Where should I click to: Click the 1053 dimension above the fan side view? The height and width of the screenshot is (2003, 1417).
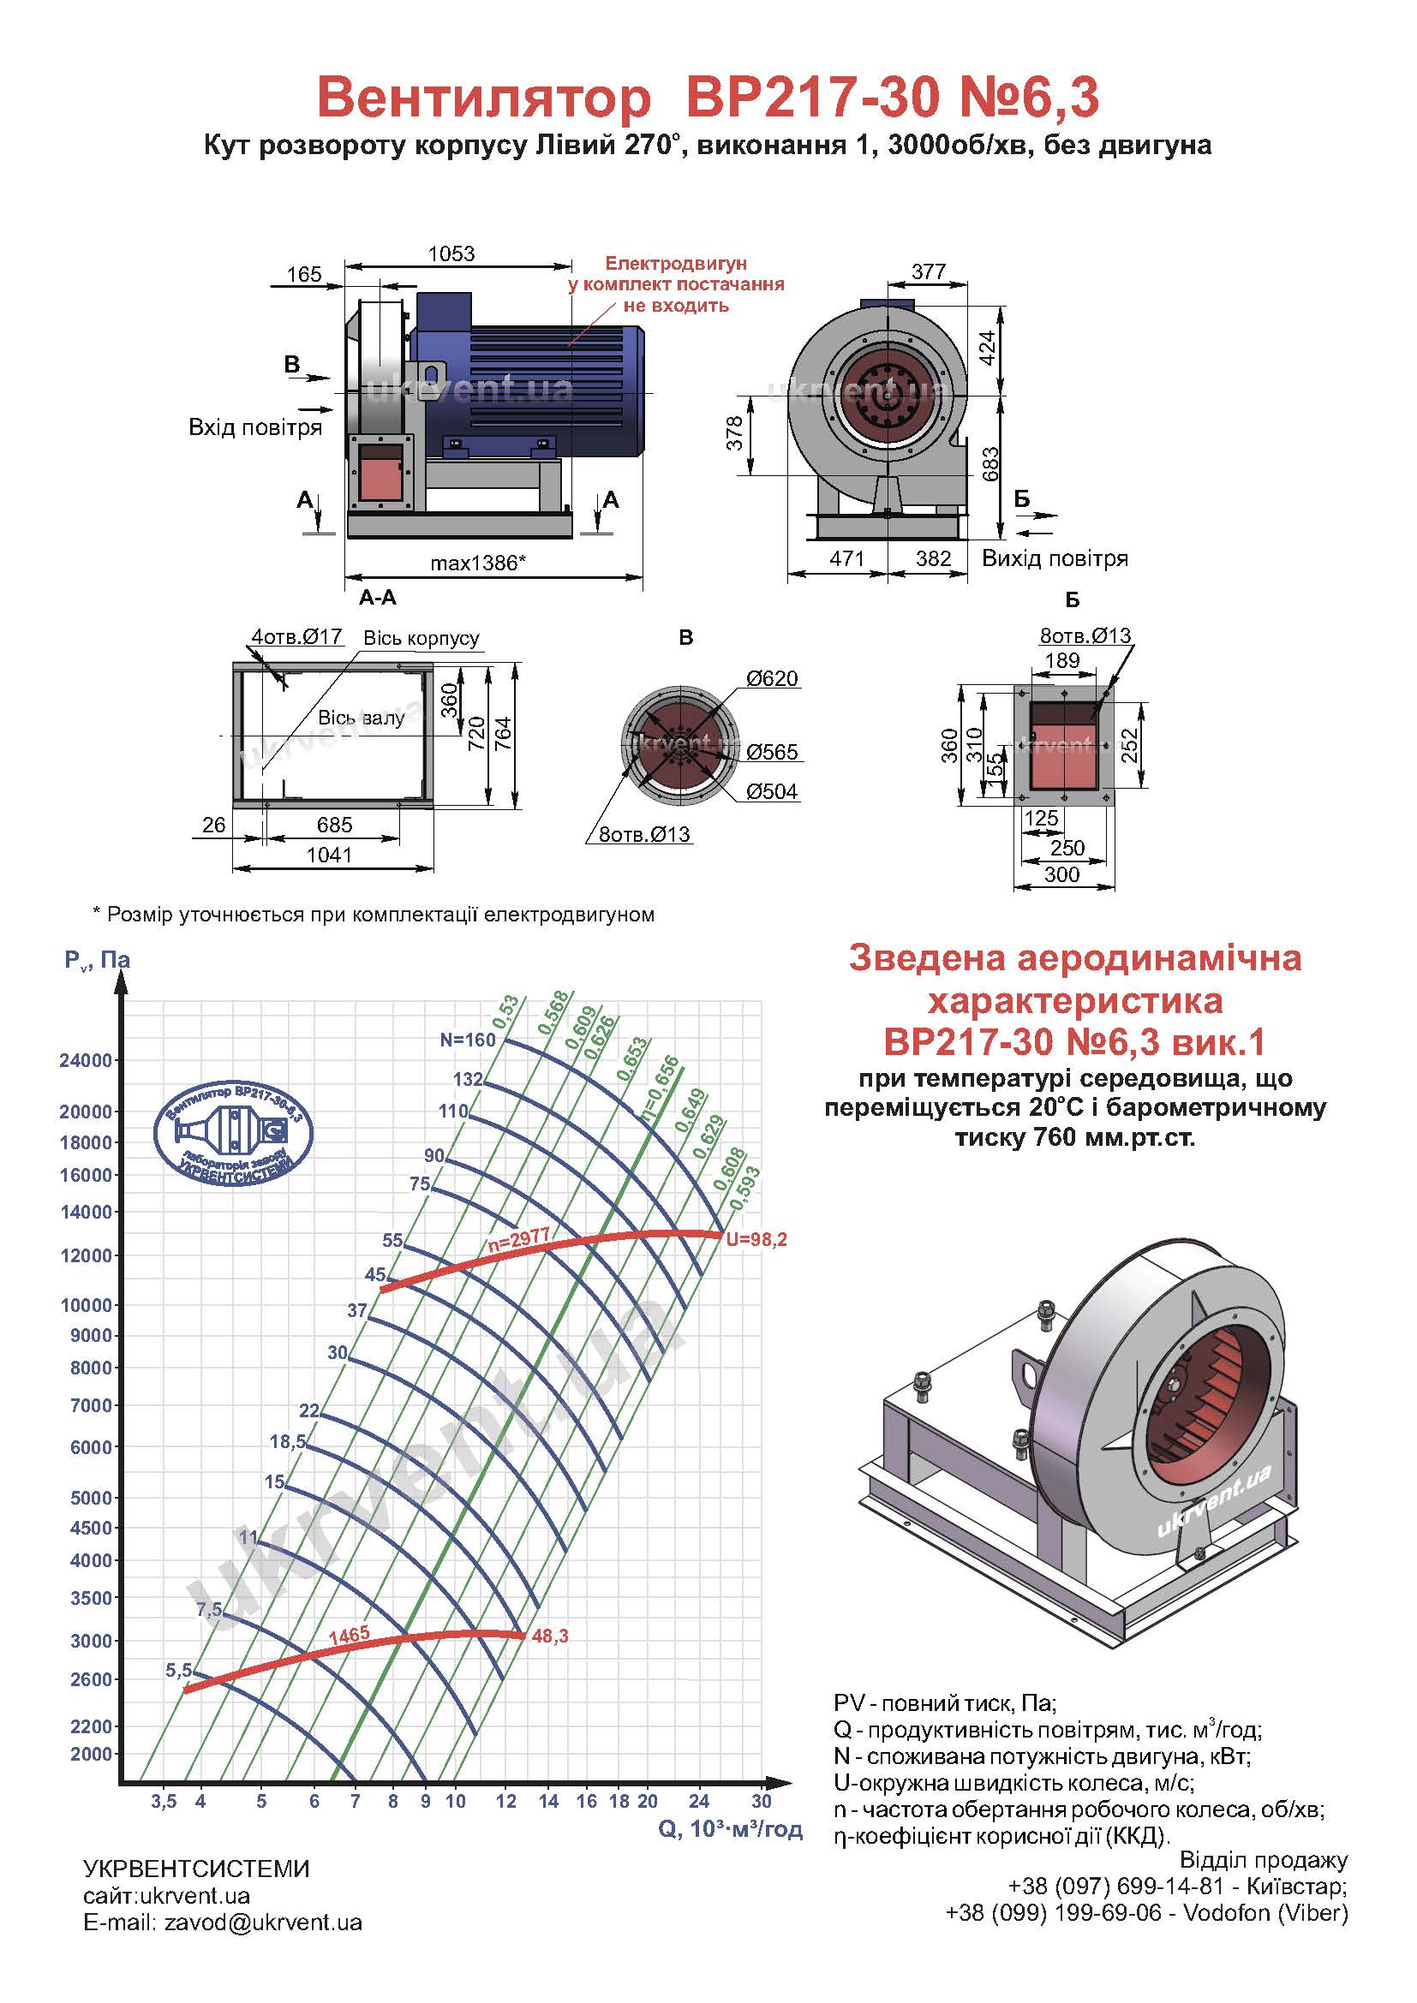(x=451, y=253)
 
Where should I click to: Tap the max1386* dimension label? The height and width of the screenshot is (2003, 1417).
(x=477, y=563)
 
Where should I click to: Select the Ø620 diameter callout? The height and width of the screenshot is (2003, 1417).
(x=771, y=679)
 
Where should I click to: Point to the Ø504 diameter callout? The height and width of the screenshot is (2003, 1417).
(x=771, y=792)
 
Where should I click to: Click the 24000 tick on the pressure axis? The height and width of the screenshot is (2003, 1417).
(x=86, y=1061)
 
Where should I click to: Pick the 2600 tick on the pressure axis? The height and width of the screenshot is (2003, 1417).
(x=92, y=1679)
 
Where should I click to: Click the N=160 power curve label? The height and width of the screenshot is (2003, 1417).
(x=468, y=1040)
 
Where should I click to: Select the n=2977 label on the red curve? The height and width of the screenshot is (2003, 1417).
(x=519, y=1240)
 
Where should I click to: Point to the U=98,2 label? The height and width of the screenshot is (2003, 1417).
(x=756, y=1240)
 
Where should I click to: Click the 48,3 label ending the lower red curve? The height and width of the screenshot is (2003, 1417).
(x=550, y=1636)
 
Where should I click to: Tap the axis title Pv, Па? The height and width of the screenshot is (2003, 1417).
(x=97, y=961)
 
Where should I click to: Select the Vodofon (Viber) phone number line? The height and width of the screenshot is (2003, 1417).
(x=1146, y=1913)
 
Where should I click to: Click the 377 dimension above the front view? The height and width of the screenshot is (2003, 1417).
(x=929, y=272)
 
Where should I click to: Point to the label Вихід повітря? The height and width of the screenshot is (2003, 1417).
(x=1055, y=558)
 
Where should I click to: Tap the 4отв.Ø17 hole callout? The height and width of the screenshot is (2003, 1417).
(x=296, y=637)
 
